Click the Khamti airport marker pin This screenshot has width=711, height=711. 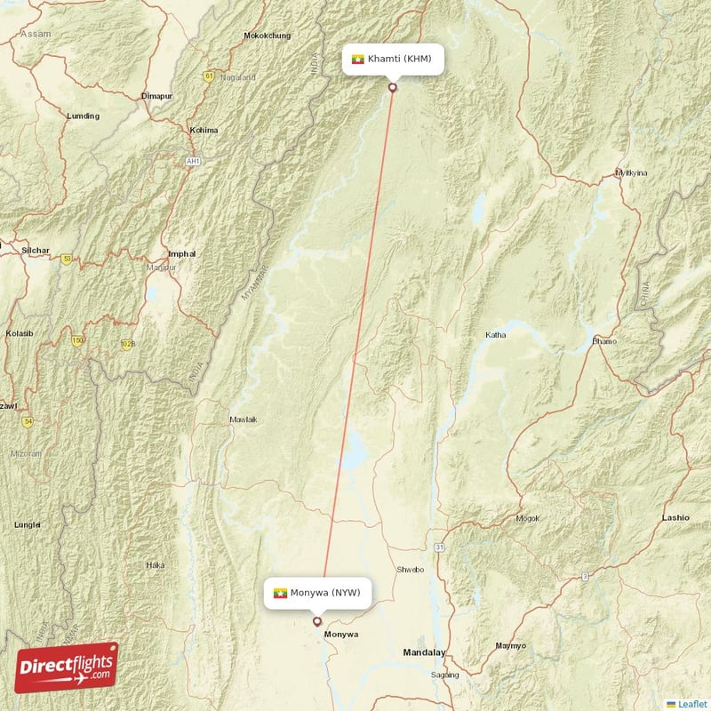[393, 87]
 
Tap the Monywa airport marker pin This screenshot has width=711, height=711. [316, 621]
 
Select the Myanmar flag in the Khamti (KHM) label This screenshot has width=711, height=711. [358, 60]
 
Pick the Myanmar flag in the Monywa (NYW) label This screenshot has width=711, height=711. [280, 592]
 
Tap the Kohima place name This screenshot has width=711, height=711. [204, 130]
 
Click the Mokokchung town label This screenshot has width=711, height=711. [267, 36]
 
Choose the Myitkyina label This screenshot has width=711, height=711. [632, 172]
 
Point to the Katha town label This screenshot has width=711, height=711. [495, 335]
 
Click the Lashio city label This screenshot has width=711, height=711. [675, 516]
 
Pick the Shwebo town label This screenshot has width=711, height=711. [411, 570]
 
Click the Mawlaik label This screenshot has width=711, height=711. [243, 419]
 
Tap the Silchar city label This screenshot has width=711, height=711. [36, 251]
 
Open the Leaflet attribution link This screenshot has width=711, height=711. [692, 703]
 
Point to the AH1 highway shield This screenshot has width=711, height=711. [193, 161]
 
